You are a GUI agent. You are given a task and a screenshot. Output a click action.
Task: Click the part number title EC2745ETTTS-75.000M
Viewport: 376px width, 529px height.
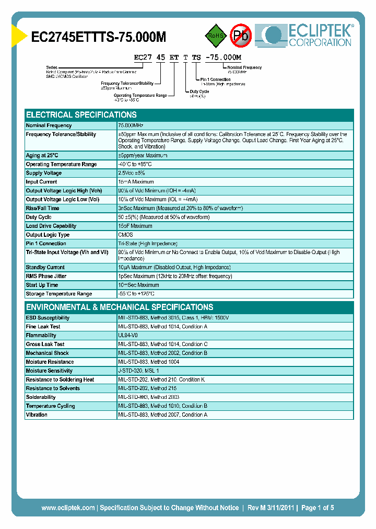(x=99, y=37)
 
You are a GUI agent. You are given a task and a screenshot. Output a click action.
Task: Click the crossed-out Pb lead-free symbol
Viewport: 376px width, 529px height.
(x=241, y=36)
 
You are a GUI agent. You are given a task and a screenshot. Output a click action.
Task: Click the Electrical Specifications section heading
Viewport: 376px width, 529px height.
(x=81, y=114)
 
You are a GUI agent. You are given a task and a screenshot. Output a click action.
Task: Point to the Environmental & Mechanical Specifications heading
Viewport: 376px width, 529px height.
(x=120, y=307)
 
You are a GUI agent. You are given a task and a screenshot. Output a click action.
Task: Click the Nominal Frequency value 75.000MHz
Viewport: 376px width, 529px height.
(x=131, y=125)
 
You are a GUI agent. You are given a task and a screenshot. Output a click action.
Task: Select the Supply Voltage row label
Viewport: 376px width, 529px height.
(x=44, y=173)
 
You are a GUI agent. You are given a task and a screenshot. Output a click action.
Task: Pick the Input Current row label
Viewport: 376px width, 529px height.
(x=42, y=182)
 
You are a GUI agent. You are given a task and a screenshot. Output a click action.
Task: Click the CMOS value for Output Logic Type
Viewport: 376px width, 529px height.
(x=125, y=235)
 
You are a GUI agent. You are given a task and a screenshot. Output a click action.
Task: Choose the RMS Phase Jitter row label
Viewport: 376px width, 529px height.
(x=46, y=276)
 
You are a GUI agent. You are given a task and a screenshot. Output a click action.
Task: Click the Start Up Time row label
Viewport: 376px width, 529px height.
(x=42, y=285)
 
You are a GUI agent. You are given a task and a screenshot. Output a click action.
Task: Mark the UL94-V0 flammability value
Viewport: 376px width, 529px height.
(x=128, y=336)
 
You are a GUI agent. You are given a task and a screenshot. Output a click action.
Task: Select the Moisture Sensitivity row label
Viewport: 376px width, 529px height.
(x=49, y=371)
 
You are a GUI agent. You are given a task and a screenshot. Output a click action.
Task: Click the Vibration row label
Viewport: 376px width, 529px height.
(x=37, y=415)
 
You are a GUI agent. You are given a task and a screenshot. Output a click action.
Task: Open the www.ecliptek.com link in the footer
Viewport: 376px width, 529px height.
(x=68, y=508)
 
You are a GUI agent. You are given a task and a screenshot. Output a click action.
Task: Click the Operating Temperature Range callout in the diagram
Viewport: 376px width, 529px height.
(x=140, y=96)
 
